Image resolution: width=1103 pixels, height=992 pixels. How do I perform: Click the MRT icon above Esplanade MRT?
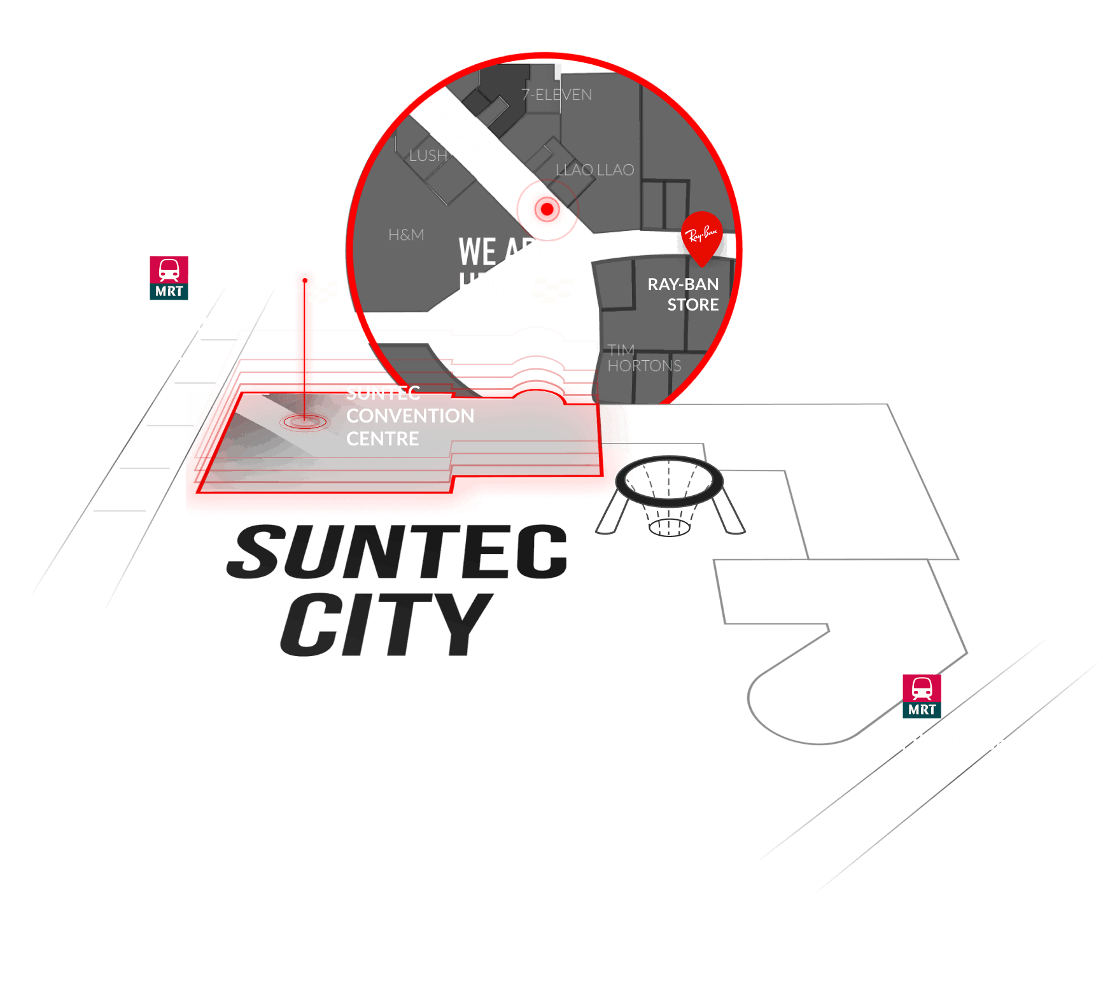coord(169,277)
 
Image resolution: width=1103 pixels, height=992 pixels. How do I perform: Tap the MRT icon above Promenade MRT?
coord(922,696)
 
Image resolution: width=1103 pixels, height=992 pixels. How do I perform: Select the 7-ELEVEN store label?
coord(557,95)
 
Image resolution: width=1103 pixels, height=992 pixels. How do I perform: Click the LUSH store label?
coord(428,156)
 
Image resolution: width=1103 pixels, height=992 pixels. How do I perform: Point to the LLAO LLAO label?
coord(594,170)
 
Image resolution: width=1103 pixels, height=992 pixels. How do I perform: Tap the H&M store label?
coord(406,235)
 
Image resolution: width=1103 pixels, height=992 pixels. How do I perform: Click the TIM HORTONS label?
coord(643,358)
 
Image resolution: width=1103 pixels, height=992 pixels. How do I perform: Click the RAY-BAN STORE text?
coord(683,294)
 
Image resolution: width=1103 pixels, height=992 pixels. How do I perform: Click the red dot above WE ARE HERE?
coord(546,208)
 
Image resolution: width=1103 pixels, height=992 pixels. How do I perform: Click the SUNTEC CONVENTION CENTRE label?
coord(410,416)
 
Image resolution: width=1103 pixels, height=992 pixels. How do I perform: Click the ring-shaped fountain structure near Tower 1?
coord(670,480)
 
